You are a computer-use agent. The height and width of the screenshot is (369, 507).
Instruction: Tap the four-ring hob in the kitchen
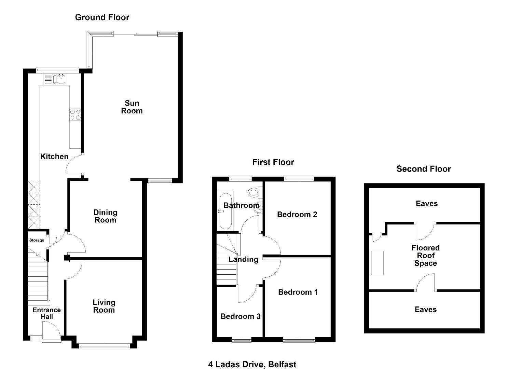coord(76,114)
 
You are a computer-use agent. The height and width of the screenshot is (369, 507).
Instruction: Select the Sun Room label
coord(132,107)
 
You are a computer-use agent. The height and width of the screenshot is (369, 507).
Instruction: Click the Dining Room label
coord(106,216)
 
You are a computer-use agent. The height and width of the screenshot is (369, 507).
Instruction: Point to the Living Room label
coord(104,306)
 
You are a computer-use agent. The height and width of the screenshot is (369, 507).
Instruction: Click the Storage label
coord(37,240)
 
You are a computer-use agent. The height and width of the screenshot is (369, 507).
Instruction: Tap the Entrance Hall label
coord(47,313)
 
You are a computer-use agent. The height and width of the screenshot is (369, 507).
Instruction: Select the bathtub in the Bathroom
coord(225,211)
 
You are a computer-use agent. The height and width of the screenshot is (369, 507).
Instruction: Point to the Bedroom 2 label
coord(297,215)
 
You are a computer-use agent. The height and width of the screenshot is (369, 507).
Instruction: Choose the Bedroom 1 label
coord(298,292)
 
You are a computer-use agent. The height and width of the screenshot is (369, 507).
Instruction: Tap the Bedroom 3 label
coord(241,316)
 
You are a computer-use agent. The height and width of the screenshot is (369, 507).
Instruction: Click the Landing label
coord(243,259)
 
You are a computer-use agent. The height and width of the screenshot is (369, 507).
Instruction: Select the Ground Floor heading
coord(102,17)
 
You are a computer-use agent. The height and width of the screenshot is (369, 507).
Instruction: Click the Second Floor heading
coord(424,169)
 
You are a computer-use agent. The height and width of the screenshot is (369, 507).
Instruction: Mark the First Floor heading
coord(273,162)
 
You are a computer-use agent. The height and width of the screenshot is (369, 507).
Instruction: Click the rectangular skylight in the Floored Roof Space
coord(377,263)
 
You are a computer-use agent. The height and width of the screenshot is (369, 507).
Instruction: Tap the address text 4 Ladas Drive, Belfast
coord(252,365)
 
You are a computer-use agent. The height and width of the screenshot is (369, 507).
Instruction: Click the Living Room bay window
coord(104,347)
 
